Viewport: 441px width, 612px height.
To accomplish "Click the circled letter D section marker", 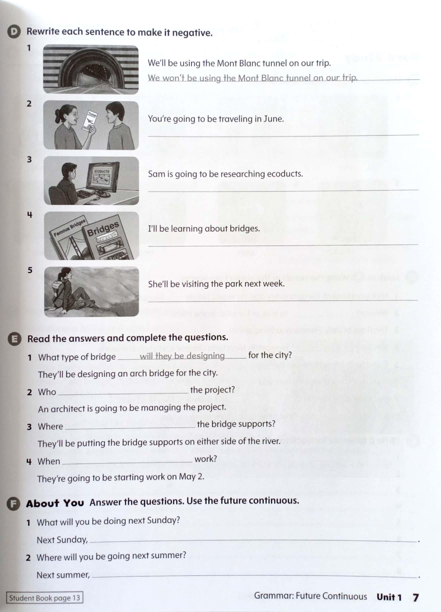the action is tap(13, 32).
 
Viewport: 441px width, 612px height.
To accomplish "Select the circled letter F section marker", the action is tap(13, 504).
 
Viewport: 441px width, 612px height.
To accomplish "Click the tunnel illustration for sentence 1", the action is tap(91, 69).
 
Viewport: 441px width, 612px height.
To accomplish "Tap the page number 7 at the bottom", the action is tap(416, 597).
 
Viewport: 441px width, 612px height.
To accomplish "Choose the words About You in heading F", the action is tap(55, 503).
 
